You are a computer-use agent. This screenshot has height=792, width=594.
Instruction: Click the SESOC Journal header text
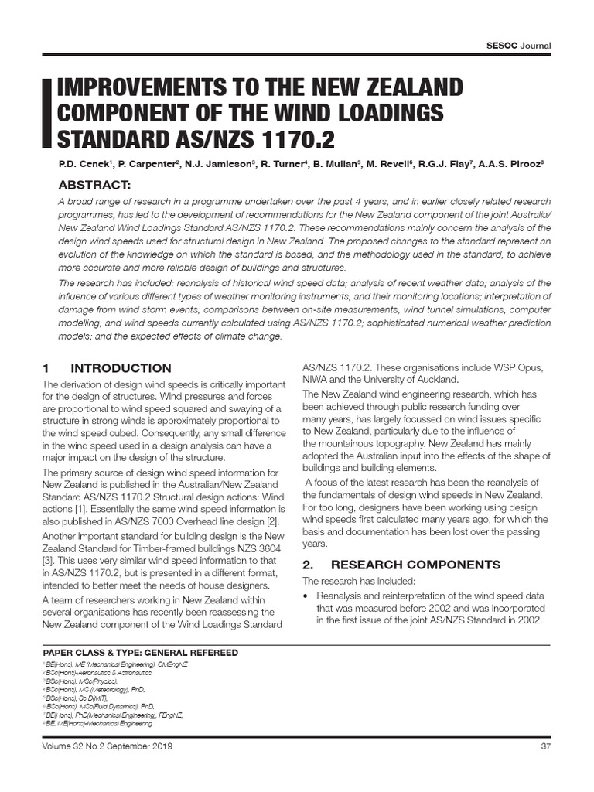517,45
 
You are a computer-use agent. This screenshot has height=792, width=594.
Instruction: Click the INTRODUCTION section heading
121,368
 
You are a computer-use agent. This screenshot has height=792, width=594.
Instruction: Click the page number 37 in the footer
544,746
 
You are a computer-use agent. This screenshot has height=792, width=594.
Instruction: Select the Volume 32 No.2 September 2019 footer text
108,746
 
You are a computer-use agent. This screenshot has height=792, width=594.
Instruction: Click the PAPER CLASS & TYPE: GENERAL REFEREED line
140,653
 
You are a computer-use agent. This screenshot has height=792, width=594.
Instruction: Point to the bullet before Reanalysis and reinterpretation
308,596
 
